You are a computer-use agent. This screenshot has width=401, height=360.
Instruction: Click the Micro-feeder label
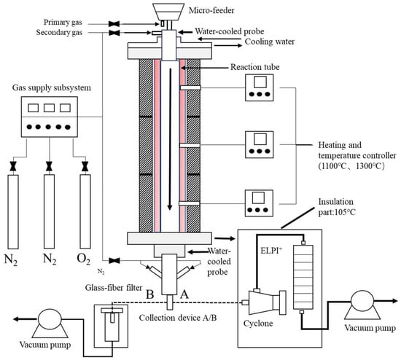coord(211,10)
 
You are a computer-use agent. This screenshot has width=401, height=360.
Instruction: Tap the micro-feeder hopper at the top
coord(168,12)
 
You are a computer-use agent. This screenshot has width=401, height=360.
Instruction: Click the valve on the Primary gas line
coord(114,24)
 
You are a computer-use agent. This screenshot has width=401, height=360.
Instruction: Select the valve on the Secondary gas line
coord(114,33)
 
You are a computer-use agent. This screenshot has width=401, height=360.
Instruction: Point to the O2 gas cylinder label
coord(84,259)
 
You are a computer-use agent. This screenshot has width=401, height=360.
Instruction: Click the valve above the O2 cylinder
coord(85,166)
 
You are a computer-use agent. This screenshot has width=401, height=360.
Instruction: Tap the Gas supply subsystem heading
coord(52,87)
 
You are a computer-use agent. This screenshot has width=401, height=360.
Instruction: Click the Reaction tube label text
coord(255,67)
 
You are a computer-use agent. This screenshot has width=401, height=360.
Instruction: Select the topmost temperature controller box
coord(260,87)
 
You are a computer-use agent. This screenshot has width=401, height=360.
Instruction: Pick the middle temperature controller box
coord(260,145)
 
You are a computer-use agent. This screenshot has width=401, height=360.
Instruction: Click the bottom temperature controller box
coord(259,203)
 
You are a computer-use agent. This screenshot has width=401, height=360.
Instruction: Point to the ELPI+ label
coord(271,250)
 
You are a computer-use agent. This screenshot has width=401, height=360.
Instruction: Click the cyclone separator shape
coord(265,302)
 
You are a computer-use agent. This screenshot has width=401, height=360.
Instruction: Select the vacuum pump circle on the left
coord(50,319)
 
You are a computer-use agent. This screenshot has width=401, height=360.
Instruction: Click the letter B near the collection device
coord(150,294)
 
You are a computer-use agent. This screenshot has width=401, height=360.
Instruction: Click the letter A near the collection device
coord(184,294)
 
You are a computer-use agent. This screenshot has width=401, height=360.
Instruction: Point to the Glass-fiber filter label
coord(114,288)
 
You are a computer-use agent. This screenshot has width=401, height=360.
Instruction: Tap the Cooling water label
coord(270,42)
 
